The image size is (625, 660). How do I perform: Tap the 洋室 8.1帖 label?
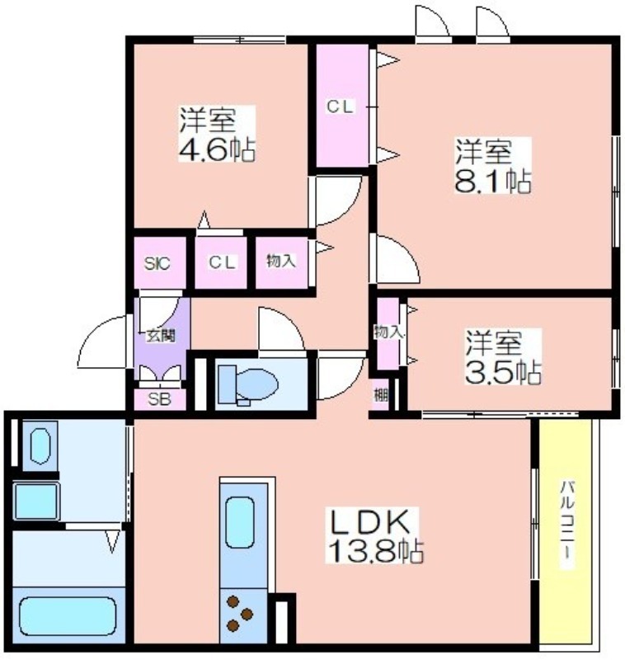[492, 166]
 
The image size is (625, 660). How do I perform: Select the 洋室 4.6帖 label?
[217, 134]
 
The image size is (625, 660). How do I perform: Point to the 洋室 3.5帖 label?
[503, 357]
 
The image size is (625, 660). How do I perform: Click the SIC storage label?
[157, 263]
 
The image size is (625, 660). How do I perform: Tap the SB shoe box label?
[159, 399]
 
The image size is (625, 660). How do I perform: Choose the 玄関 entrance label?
[160, 336]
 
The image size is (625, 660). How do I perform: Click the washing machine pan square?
[36, 502]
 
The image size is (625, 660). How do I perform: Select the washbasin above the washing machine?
[40, 446]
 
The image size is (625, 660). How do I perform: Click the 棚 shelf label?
[381, 395]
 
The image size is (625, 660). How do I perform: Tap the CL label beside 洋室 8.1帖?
[340, 106]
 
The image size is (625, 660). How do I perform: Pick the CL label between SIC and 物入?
[222, 262]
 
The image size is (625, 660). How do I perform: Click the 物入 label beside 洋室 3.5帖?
[388, 332]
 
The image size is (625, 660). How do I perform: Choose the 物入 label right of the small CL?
[281, 261]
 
